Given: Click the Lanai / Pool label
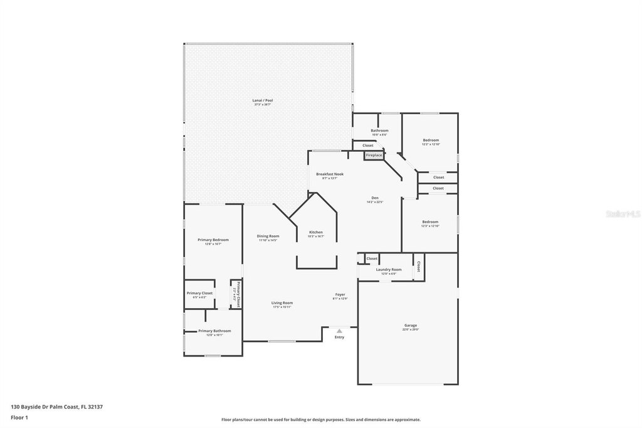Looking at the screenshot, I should point(263,100).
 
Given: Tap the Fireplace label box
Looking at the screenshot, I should point(374,155).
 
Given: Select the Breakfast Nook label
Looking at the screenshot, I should point(330,174).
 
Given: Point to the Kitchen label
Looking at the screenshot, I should point(316,232).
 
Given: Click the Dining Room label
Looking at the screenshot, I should point(268,236).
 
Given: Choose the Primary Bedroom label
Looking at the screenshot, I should point(213,240).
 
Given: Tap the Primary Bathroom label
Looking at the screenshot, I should point(214,331).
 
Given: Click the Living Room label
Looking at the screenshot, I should point(282,302).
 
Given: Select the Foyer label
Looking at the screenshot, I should point(340,294).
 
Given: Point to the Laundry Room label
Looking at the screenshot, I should point(389,269).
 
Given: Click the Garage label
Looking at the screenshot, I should point(411,326).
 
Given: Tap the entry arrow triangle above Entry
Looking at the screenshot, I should point(339,330).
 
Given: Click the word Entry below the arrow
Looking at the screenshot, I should point(339,337).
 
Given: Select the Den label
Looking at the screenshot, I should point(375,198).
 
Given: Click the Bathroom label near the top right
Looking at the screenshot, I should point(379,131).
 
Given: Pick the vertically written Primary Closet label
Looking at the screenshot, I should point(238,294).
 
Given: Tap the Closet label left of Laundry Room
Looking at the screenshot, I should point(372,259).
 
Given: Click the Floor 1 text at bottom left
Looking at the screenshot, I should point(20,417).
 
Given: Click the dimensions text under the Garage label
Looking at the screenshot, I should point(411,330).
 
